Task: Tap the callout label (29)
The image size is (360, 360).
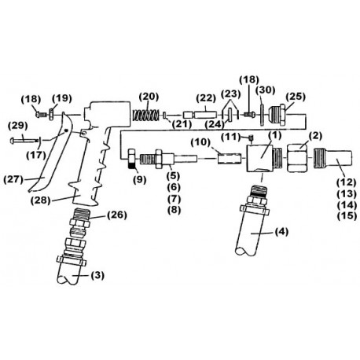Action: point(18,126)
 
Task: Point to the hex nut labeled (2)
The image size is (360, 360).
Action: point(297,158)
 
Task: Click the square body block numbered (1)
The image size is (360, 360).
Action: point(259,159)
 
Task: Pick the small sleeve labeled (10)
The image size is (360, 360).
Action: point(230,159)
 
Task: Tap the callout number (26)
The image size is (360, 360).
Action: point(117,215)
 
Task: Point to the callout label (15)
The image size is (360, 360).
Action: point(347,216)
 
